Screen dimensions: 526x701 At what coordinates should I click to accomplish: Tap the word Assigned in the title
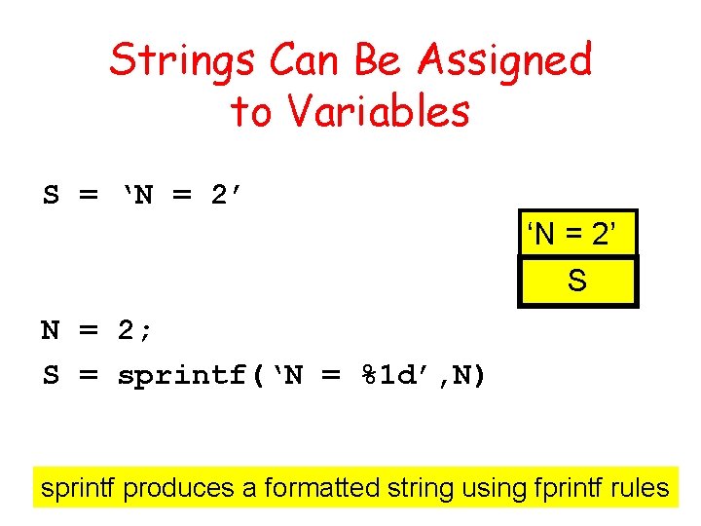[x=504, y=60]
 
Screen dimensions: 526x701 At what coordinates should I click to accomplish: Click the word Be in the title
[x=381, y=60]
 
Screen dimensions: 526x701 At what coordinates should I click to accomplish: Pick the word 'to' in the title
[x=251, y=113]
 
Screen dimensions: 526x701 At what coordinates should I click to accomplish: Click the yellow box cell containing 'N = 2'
[x=577, y=234]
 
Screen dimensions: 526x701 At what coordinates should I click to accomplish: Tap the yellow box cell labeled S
[x=577, y=282]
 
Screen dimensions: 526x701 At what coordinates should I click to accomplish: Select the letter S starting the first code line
[x=51, y=195]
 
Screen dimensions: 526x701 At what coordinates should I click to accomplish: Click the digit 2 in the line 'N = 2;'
[x=127, y=330]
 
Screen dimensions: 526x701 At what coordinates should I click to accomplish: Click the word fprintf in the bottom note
[x=570, y=487]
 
